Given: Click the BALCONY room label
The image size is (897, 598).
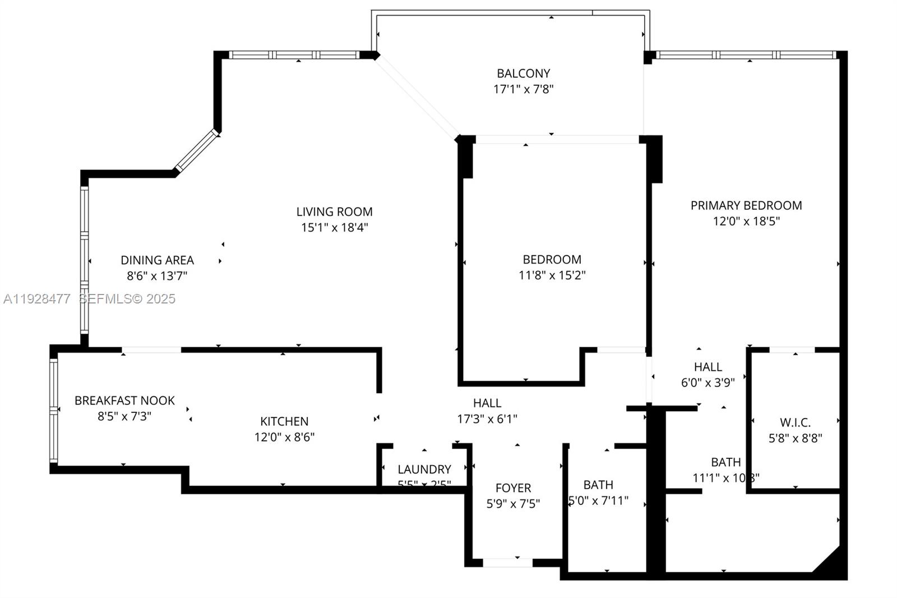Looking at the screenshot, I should (x=523, y=73).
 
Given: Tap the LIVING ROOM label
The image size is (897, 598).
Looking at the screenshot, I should (x=334, y=212).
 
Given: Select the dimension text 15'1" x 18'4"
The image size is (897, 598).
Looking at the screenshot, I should (x=334, y=228).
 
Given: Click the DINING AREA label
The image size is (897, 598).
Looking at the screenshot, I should (x=157, y=260).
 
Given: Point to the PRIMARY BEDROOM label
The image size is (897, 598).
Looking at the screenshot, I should (x=746, y=206).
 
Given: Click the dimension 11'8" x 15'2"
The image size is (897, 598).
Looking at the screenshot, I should (x=552, y=275).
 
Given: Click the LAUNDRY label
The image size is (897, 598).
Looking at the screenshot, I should (x=424, y=470).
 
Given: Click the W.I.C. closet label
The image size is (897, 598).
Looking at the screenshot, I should (x=795, y=423).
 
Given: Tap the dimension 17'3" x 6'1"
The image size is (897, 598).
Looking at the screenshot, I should (x=487, y=419).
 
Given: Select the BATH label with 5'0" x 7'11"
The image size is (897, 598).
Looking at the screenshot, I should (x=598, y=485).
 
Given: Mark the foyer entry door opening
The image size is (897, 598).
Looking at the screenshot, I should (x=507, y=562).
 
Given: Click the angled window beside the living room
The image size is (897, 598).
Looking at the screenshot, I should (x=196, y=150).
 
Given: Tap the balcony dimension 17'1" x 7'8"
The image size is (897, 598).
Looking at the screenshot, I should (x=523, y=89).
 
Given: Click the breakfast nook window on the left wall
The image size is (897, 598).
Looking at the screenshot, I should (x=54, y=411).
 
